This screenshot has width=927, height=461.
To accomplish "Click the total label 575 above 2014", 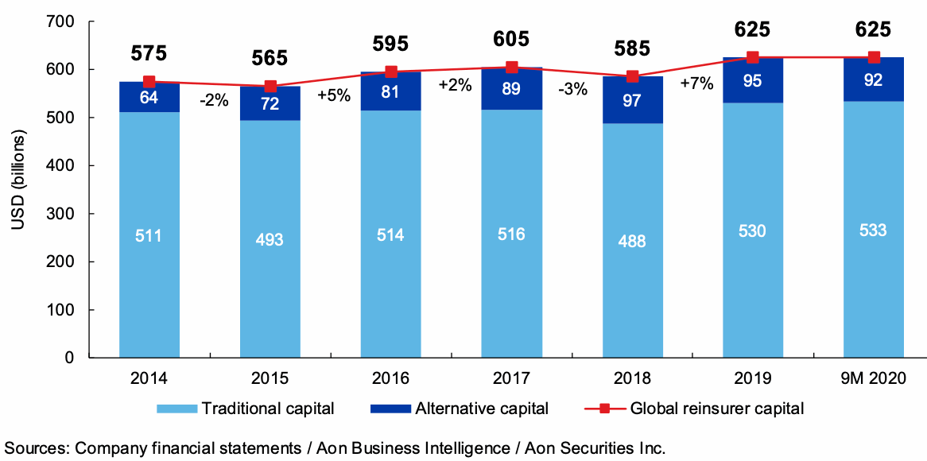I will pyautogui.click(x=149, y=54).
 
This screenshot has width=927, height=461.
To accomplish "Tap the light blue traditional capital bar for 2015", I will pyautogui.click(x=270, y=238).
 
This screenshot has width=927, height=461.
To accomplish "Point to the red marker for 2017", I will pyautogui.click(x=511, y=68).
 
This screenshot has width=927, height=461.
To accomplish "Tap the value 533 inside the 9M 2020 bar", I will pyautogui.click(x=873, y=230).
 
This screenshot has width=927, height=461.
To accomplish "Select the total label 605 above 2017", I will pyautogui.click(x=511, y=38).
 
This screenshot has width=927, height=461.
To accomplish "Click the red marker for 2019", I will pyautogui.click(x=752, y=57).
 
